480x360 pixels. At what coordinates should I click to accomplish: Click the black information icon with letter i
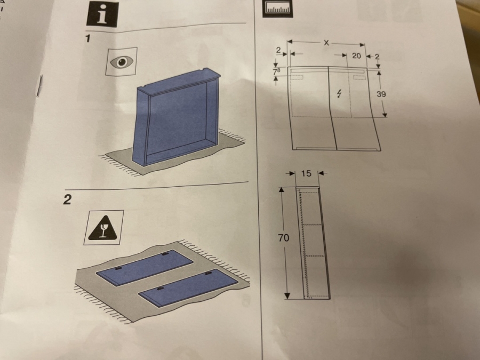tap(102, 14)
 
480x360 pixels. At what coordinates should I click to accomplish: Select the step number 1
tap(88, 38)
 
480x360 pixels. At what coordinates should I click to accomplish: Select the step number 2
tap(67, 199)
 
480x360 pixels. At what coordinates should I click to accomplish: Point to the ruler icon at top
tap(277, 8)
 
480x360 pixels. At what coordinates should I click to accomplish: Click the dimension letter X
tap(326, 43)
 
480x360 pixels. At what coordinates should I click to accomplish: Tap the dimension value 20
tap(356, 55)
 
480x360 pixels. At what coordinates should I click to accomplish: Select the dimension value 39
tap(381, 94)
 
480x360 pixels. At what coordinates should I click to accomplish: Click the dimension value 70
tap(284, 237)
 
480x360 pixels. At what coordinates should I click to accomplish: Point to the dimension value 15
tap(306, 173)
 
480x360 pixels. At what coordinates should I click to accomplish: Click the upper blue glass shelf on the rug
tap(145, 268)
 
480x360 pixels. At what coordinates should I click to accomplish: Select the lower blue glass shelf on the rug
tap(188, 287)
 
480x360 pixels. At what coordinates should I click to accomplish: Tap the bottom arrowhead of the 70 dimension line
tap(287, 295)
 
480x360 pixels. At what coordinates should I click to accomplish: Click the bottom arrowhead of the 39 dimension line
tap(385, 115)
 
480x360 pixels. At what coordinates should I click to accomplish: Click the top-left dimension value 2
tap(278, 51)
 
